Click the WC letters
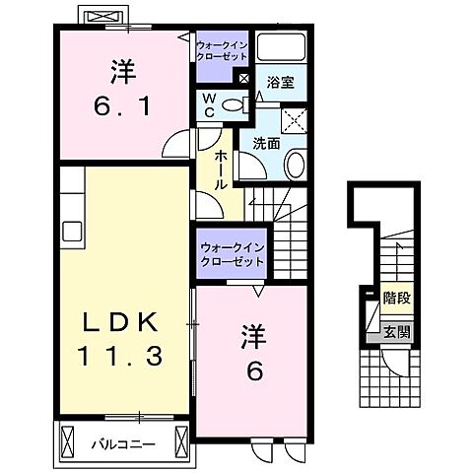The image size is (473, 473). coord(209,105)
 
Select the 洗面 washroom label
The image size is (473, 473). coord(265,144)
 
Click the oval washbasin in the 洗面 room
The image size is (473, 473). coord(293,164)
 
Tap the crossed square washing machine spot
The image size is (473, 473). coord(292,121)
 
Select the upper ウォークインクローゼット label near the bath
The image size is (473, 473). coord(223,52)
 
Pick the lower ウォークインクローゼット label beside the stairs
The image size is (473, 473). coord(231,256)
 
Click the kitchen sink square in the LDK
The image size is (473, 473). coord(72,232)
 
